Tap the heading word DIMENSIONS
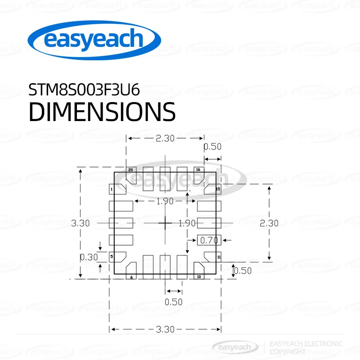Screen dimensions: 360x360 [102, 112]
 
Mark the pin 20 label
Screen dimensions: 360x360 [130, 170]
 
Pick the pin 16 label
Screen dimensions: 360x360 [197, 170]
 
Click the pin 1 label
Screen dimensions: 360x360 [111, 190]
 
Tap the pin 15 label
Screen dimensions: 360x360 [218, 189]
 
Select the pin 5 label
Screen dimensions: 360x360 [111, 257]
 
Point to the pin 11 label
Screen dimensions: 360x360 [219, 257]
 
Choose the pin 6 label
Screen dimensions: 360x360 [131, 277]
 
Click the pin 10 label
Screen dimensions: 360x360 [198, 277]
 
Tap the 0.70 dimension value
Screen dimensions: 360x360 [209, 240]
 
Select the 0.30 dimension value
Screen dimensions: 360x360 [89, 257]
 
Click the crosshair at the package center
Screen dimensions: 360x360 [166, 222]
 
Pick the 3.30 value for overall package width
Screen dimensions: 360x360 [165, 329]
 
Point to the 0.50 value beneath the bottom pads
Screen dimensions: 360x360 [173, 301]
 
